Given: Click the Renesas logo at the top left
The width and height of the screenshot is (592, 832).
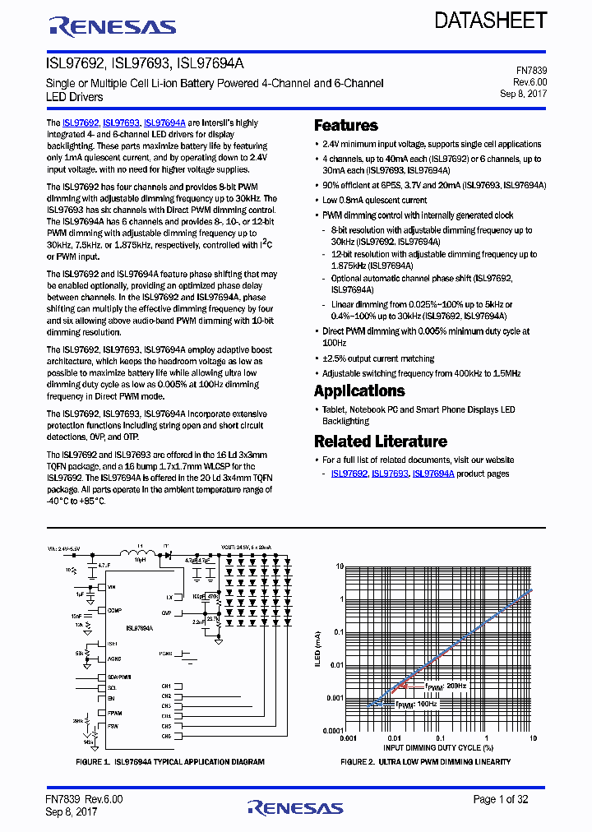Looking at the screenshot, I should click(x=113, y=26).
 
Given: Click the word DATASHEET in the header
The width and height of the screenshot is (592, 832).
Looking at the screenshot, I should click(x=490, y=21).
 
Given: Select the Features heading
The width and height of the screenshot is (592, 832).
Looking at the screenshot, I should click(x=345, y=126).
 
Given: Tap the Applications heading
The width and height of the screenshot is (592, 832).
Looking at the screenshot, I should click(x=359, y=391).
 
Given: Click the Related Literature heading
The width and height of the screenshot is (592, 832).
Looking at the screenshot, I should click(x=380, y=441).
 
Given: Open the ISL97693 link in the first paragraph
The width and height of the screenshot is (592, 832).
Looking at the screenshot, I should click(x=121, y=122).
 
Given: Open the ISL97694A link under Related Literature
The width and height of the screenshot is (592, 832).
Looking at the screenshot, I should click(x=432, y=474).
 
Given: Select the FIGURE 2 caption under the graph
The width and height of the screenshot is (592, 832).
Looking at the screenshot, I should click(x=425, y=762).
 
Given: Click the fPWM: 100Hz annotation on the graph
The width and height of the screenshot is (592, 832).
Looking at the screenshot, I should click(x=418, y=705).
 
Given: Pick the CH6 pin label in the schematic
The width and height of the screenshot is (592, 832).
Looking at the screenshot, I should click(x=166, y=736).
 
